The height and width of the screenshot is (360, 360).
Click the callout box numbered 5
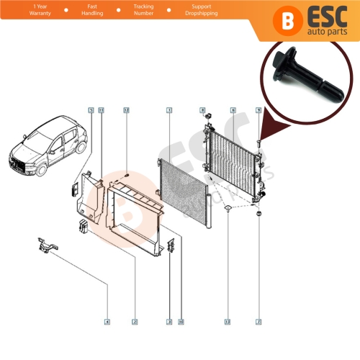pos(91,110)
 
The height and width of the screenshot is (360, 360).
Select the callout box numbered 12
pos(126,110)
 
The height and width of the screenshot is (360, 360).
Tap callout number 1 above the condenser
pos(168,110)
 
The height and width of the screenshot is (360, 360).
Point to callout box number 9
pos(258,110)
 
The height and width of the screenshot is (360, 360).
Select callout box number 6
pos(233,110)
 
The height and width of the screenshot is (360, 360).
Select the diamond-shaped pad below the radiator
pos(227,210)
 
